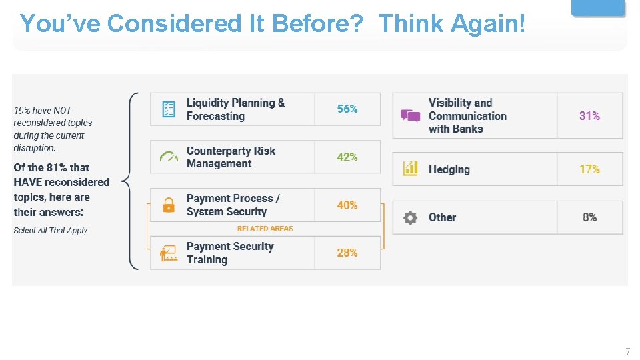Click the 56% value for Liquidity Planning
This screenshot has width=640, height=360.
click(347, 109)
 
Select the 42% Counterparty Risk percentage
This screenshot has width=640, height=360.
click(347, 157)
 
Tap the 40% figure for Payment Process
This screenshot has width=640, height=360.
click(347, 205)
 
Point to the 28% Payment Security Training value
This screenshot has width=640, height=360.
click(347, 253)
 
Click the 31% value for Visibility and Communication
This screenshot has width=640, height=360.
click(589, 115)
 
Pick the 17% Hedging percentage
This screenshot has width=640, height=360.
click(589, 169)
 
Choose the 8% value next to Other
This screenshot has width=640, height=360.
click(589, 217)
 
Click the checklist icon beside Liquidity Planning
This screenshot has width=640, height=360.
click(169, 109)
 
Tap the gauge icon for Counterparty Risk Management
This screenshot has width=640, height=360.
click(169, 157)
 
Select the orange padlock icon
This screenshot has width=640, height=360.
click(169, 205)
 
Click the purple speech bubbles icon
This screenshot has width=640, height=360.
click(410, 116)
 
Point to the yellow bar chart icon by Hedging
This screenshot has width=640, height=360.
click(410, 169)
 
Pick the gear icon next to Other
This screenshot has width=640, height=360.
click(410, 217)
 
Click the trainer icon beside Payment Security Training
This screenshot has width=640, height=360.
click(168, 253)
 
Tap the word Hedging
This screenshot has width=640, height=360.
click(449, 169)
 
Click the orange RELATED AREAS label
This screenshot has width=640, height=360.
click(265, 229)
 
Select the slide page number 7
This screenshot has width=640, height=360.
click(627, 351)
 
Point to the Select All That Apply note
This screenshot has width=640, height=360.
click(51, 231)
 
